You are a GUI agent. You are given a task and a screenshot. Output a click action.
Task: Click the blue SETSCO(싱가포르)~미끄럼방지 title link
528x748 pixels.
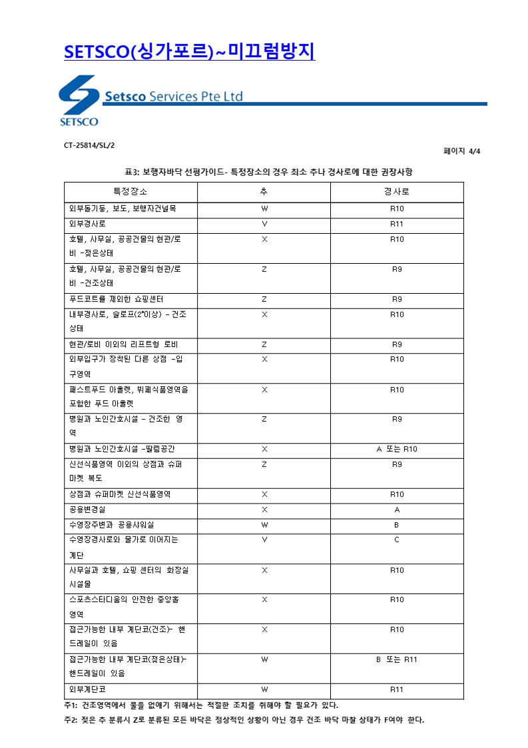(189, 51)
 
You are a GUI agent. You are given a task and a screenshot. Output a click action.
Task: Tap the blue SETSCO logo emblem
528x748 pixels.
(79, 100)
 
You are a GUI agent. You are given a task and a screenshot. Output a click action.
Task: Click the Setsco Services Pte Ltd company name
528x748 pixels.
(173, 97)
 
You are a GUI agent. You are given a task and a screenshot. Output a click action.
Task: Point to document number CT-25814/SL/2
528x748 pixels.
(85, 144)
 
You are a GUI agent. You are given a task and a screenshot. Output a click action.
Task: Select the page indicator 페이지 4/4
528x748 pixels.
(461, 151)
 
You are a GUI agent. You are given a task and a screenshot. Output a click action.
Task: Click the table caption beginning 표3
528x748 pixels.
(264, 172)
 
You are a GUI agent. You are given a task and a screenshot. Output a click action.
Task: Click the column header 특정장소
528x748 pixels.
(130, 192)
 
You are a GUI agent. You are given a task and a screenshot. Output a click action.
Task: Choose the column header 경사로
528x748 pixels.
(396, 192)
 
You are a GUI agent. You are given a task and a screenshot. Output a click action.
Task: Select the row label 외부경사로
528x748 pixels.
(87, 224)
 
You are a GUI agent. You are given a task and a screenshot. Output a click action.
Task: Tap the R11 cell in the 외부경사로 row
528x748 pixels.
(396, 224)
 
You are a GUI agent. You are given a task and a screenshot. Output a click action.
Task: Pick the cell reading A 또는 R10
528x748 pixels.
(396, 449)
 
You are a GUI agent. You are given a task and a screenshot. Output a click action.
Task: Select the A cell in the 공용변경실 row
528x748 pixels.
(396, 510)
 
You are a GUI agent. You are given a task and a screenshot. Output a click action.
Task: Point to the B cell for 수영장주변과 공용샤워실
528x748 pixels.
(396, 525)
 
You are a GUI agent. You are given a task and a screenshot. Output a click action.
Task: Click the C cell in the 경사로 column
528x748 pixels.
(396, 540)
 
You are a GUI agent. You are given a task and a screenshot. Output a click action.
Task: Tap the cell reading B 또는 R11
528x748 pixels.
(396, 659)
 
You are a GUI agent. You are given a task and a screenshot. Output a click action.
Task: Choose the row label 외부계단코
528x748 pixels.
(87, 689)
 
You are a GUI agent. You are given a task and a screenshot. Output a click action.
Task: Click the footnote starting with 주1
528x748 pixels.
(201, 705)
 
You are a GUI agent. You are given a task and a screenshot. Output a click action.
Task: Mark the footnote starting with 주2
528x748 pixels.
(244, 720)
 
